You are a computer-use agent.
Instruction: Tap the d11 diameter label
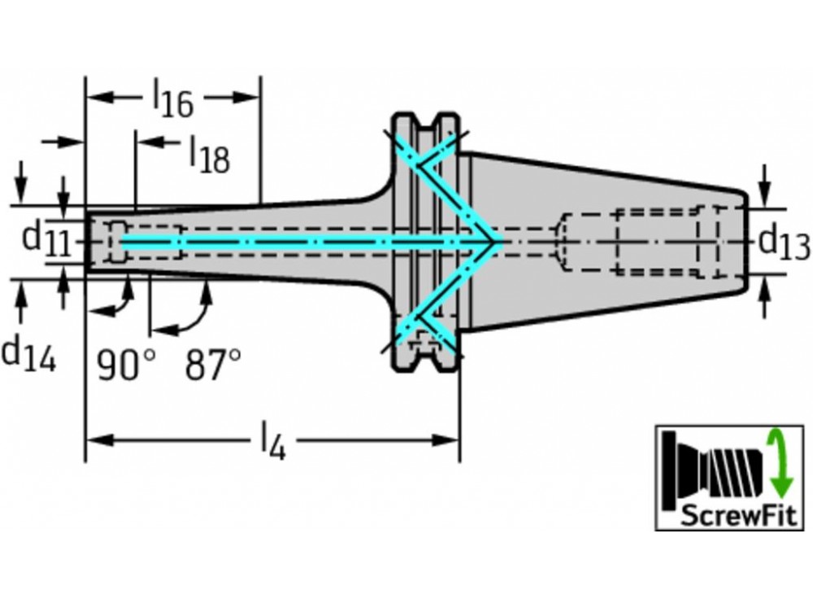coord(45,239)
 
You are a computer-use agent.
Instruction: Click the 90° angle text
coord(125,365)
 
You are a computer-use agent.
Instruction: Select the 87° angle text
coord(212,365)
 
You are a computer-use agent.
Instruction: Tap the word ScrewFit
coord(728,516)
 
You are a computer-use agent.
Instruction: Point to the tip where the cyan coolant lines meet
coord(495,242)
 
